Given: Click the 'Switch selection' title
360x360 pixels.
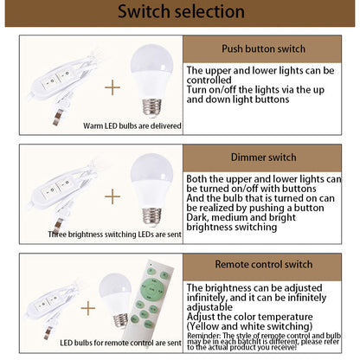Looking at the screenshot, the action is pyautogui.click(x=181, y=11).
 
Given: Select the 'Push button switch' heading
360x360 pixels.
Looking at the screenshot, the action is pyautogui.click(x=263, y=48).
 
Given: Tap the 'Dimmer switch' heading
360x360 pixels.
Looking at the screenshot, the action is pyautogui.click(x=264, y=157).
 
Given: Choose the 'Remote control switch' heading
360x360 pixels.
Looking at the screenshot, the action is pyautogui.click(x=264, y=264).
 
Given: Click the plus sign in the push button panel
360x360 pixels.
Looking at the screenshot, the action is pyautogui.click(x=112, y=87).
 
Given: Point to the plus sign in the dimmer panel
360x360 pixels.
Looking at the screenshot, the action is pyautogui.click(x=112, y=196).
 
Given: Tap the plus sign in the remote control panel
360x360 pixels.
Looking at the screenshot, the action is pyautogui.click(x=88, y=308).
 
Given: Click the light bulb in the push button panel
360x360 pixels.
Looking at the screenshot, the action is pyautogui.click(x=151, y=80).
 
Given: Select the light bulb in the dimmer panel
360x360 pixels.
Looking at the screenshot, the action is pyautogui.click(x=151, y=190).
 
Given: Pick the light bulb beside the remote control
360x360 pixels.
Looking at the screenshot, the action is pyautogui.click(x=115, y=301).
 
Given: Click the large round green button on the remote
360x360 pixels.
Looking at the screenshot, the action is pyautogui.click(x=151, y=289).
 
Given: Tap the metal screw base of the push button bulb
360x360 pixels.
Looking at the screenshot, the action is pyautogui.click(x=151, y=107).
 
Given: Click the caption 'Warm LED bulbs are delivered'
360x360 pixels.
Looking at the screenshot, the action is pyautogui.click(x=132, y=126).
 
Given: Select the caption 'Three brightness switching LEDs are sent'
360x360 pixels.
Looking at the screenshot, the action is pyautogui.click(x=114, y=235).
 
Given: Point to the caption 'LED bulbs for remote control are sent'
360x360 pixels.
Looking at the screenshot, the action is pyautogui.click(x=120, y=343).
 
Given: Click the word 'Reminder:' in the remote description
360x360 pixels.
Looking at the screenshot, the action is pyautogui.click(x=204, y=336).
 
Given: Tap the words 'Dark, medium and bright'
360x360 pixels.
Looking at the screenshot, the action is pyautogui.click(x=241, y=217).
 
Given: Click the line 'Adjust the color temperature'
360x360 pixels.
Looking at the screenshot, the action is pyautogui.click(x=249, y=317).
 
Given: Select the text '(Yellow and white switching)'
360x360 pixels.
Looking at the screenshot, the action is pyautogui.click(x=249, y=326).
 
